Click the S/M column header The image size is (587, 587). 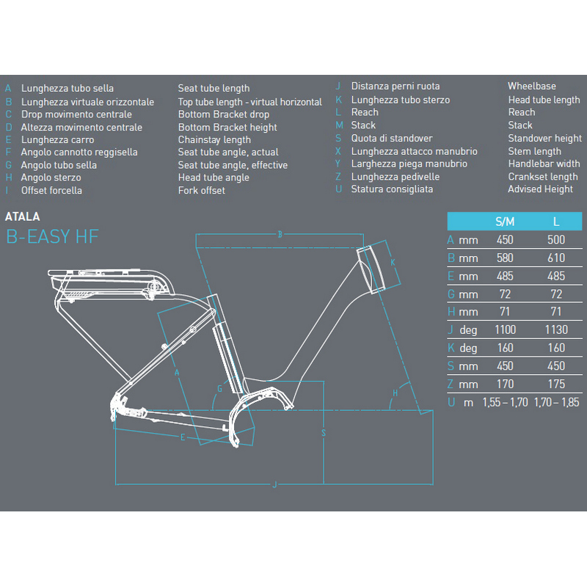505,221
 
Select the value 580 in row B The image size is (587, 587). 505,258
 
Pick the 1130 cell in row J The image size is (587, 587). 555,330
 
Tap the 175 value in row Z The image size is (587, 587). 555,384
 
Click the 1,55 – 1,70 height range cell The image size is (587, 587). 505,402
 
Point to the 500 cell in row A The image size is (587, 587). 555,240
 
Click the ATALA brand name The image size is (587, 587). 22,217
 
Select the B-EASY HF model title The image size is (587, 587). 51,236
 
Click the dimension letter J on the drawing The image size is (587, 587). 274,484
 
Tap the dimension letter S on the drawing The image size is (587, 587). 323,433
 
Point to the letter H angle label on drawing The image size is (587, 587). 395,394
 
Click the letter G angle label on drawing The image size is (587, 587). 219,387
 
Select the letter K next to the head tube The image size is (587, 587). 393,263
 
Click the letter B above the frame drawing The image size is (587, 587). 280,235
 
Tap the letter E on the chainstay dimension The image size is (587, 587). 183,437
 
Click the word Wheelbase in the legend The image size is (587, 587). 532,87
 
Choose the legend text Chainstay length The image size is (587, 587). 214,139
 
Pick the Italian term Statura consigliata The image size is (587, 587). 392,189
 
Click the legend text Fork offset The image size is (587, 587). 201,191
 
